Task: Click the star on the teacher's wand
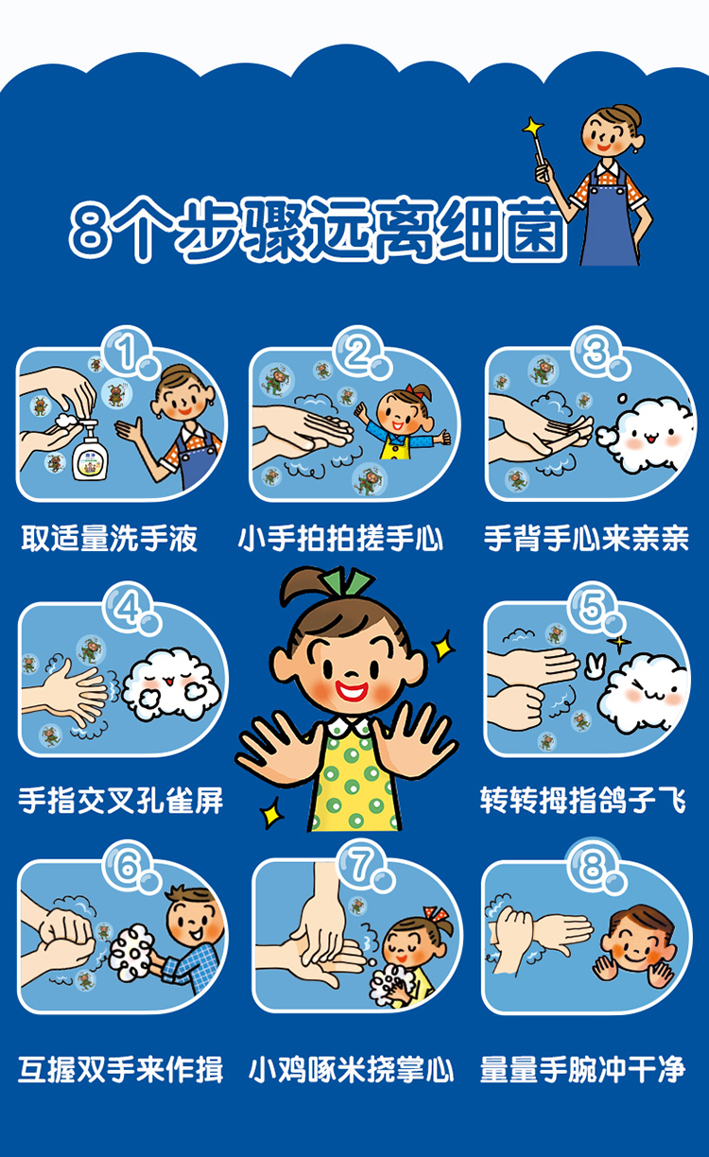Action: (533, 126)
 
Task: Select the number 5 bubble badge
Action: (595, 608)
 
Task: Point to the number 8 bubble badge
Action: (595, 866)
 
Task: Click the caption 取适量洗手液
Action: (109, 539)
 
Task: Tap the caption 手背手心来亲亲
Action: (586, 538)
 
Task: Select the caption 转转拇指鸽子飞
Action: (583, 801)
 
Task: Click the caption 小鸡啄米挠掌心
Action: (351, 1069)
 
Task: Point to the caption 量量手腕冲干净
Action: (583, 1069)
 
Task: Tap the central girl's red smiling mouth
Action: (351, 689)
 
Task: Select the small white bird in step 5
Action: (596, 665)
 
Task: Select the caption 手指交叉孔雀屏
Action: (121, 801)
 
